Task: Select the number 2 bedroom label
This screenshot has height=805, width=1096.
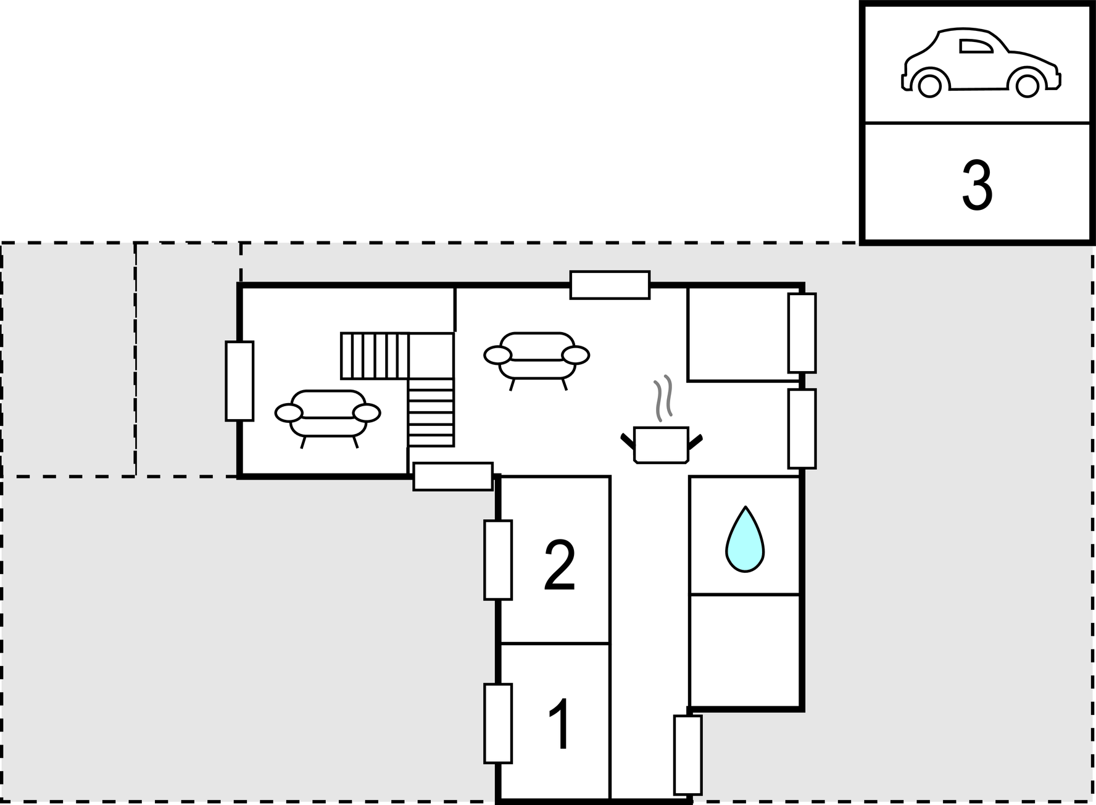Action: (x=559, y=566)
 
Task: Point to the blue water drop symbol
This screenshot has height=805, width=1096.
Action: (x=745, y=540)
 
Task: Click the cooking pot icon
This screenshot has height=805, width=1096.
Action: (x=661, y=444)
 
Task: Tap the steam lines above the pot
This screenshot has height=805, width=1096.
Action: (x=663, y=398)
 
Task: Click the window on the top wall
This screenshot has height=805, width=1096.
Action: (x=610, y=285)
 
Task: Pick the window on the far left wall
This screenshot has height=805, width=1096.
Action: (x=239, y=381)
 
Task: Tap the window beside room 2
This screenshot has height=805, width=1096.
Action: (x=498, y=560)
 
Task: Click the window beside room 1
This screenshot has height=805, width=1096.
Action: (x=498, y=724)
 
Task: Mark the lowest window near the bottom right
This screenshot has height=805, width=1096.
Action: (x=687, y=755)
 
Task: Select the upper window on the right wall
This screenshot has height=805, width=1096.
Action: (x=802, y=333)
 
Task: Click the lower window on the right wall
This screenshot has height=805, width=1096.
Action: (x=802, y=428)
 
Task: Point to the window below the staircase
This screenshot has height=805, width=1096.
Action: (x=453, y=477)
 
